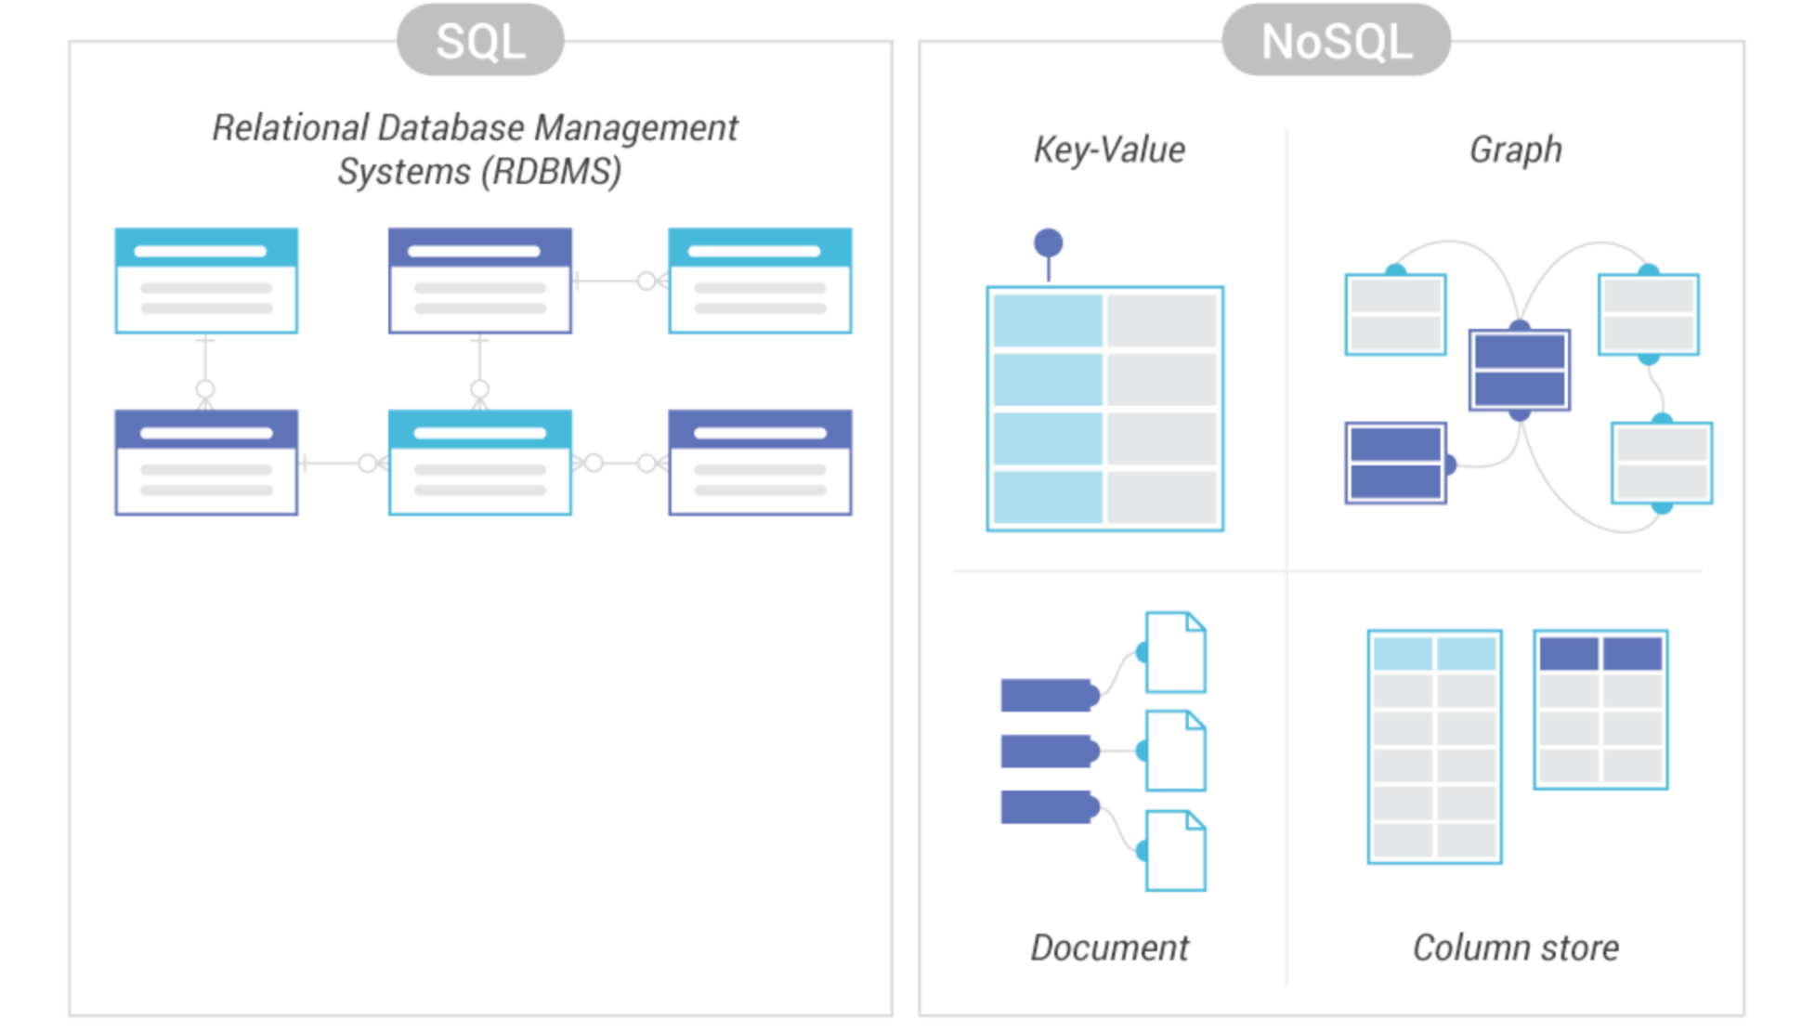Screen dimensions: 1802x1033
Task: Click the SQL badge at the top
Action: pyautogui.click(x=480, y=40)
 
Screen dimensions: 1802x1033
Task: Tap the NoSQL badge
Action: pyautogui.click(x=1336, y=40)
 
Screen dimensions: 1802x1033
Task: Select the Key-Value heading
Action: pyautogui.click(x=1109, y=150)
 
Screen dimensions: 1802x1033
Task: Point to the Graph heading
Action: pyautogui.click(x=1515, y=150)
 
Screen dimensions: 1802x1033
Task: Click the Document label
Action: pyautogui.click(x=1109, y=948)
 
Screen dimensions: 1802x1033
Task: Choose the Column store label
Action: pyautogui.click(x=1515, y=948)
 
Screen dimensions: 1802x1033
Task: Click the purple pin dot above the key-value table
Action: pyautogui.click(x=1048, y=242)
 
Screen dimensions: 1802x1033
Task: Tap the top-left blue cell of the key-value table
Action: pyautogui.click(x=1048, y=320)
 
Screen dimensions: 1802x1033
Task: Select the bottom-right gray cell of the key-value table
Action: pyautogui.click(x=1162, y=498)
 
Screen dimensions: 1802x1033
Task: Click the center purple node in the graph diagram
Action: pyautogui.click(x=1520, y=370)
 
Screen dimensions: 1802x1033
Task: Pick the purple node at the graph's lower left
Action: pyautogui.click(x=1395, y=463)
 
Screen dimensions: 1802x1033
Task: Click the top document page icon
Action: pyautogui.click(x=1175, y=652)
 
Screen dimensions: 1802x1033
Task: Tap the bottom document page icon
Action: pyautogui.click(x=1175, y=851)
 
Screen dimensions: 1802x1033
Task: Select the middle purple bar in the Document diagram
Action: pyautogui.click(x=1049, y=751)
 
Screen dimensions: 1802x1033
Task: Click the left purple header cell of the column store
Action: pyautogui.click(x=1569, y=654)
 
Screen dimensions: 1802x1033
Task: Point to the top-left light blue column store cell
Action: pyautogui.click(x=1403, y=654)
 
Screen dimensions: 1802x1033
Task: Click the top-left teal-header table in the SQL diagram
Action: pyautogui.click(x=206, y=281)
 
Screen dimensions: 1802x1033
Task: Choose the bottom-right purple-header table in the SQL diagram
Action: pyautogui.click(x=760, y=463)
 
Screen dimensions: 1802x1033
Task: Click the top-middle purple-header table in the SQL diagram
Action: pyautogui.click(x=479, y=281)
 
